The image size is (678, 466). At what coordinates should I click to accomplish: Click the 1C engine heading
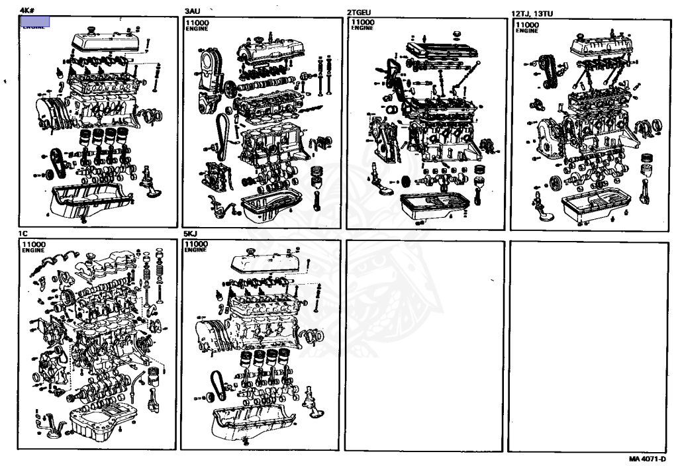[x=24, y=234]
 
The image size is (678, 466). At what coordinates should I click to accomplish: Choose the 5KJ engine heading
[x=191, y=234]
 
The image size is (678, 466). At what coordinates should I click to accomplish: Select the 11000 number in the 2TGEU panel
[x=363, y=23]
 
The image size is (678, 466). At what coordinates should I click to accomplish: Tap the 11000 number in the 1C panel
[x=33, y=244]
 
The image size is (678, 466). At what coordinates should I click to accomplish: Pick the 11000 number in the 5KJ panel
[x=197, y=244]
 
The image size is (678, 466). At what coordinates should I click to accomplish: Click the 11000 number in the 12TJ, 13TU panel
[x=526, y=25]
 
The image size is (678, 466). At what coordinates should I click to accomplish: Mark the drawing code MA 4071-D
[x=647, y=459]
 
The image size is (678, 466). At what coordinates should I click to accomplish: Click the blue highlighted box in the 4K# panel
[x=35, y=21]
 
